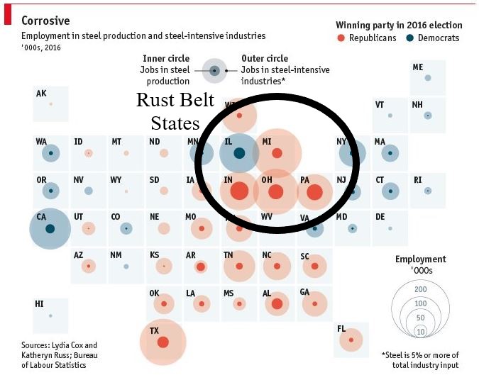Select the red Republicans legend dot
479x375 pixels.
[341, 38]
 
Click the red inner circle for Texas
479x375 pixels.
[163, 342]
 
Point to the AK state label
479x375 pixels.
[41, 94]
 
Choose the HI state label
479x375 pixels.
[40, 304]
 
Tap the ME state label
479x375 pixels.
[418, 67]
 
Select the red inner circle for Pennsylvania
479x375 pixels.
[314, 191]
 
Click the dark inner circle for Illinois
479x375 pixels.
[239, 152]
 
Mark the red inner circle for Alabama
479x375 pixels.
[277, 304]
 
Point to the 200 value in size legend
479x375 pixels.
[420, 289]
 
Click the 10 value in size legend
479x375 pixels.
[420, 331]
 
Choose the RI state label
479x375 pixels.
[417, 180]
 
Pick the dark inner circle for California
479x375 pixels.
[50, 228]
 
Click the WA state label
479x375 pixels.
[41, 142]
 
